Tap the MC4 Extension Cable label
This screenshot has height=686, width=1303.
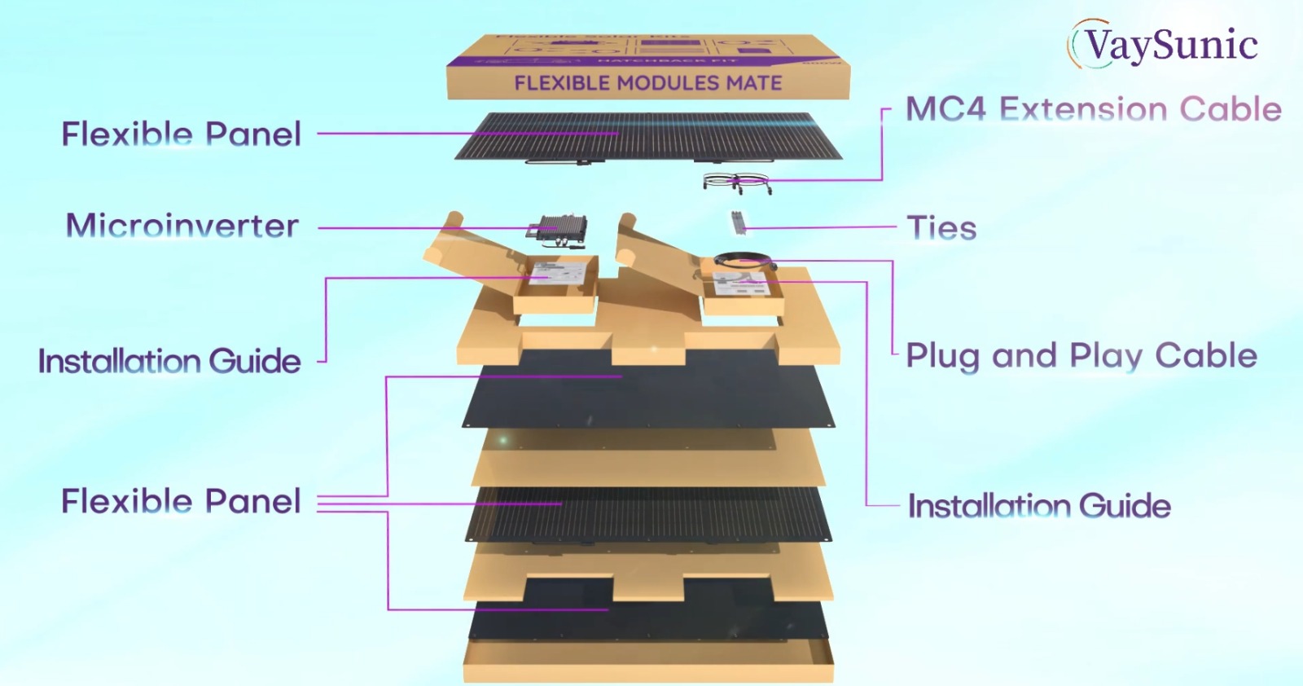tap(1093, 109)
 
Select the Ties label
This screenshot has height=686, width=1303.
tap(941, 228)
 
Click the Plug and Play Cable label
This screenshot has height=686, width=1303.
tap(1081, 356)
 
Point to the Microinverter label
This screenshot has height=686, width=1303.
tap(182, 226)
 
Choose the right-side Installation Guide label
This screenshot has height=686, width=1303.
tap(1039, 506)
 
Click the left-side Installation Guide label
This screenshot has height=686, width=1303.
tap(169, 361)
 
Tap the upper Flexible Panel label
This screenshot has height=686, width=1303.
tap(181, 134)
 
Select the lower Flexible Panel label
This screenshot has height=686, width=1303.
tap(181, 501)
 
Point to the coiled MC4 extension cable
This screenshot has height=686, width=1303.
tap(736, 182)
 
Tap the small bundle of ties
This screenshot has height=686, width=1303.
tap(738, 222)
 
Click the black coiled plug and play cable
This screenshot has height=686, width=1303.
tap(742, 261)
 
